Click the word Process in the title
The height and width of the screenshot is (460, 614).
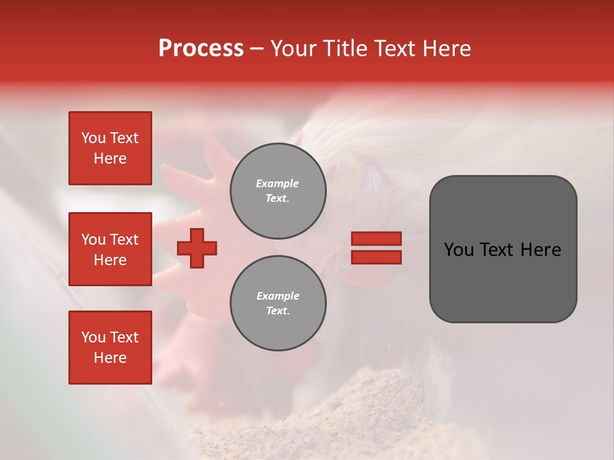[x=201, y=49]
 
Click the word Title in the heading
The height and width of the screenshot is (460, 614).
[x=343, y=49]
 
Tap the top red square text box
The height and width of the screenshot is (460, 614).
[x=110, y=148]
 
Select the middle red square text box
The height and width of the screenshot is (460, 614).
[x=110, y=249]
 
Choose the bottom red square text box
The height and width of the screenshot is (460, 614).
[x=110, y=348]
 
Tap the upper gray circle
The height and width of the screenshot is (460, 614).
[x=278, y=191]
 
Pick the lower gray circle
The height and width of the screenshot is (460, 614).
[x=278, y=303]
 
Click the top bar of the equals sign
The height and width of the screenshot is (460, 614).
[x=376, y=239]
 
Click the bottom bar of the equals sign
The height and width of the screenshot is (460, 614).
[x=376, y=257]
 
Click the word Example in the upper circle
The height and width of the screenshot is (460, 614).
[x=277, y=184]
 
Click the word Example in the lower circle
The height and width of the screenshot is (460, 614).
[x=278, y=296]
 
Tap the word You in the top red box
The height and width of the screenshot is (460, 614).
[x=93, y=138]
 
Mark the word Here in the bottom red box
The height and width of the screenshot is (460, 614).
[x=110, y=358]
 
